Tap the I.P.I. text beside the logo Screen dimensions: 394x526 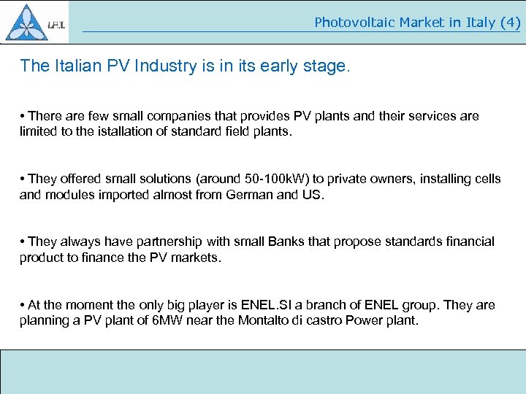point(57,26)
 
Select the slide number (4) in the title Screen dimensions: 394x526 point(509,23)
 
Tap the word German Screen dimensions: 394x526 point(247,195)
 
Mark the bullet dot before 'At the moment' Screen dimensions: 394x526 point(23,305)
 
